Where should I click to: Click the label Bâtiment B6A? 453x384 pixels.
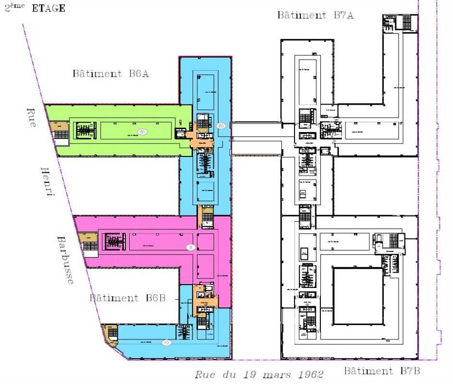pos(110,74)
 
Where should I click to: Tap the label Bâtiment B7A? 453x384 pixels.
pos(315,15)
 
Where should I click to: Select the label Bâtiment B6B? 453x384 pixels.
pos(128,298)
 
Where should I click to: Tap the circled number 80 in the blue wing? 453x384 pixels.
pos(221,126)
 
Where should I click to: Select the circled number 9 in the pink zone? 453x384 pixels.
pos(190,247)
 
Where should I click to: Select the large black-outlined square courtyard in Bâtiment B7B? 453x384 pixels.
pos(358,296)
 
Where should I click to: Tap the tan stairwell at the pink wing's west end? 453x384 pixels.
pos(89,240)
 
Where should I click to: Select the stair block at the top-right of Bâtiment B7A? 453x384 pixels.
pos(400,22)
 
